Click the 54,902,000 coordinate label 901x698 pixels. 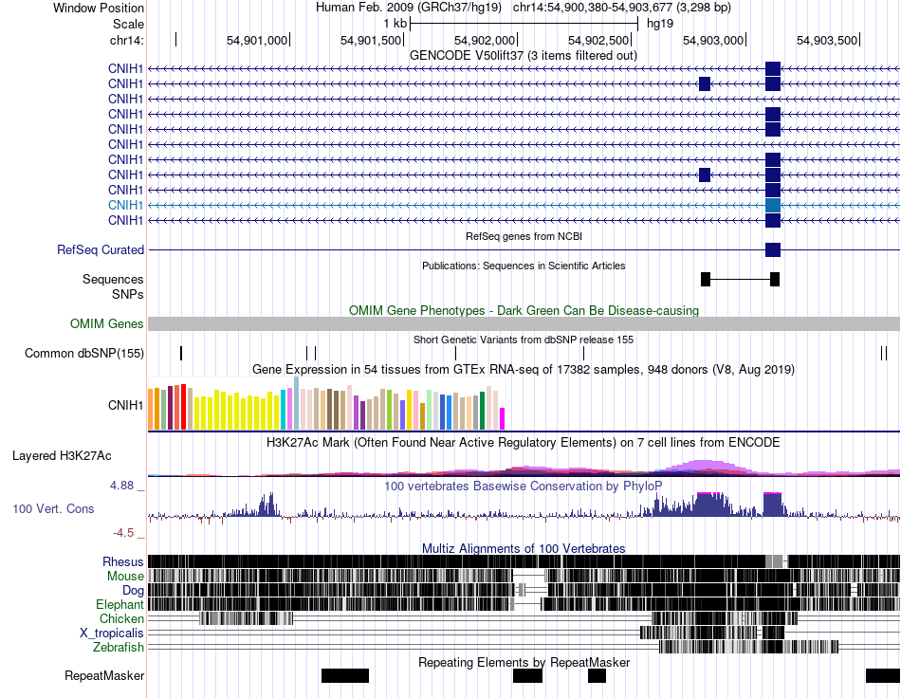tap(485, 40)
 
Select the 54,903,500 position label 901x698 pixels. tap(827, 40)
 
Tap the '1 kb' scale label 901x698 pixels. tap(395, 24)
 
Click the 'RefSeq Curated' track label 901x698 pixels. tap(101, 250)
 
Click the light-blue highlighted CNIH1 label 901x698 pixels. tap(126, 205)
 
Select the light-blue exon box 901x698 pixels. tap(773, 205)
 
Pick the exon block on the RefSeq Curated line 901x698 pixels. tap(773, 250)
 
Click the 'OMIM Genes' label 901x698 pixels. tap(107, 324)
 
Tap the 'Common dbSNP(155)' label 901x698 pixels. tap(84, 354)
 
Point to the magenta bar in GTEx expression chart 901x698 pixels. tap(503, 419)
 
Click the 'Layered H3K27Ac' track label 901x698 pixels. tap(62, 455)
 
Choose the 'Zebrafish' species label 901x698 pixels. tap(119, 648)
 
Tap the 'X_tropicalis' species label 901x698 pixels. tap(112, 634)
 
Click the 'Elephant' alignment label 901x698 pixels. tap(120, 604)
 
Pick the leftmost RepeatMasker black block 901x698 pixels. tap(345, 675)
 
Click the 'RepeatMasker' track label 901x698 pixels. tap(104, 675)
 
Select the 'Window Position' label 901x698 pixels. tap(99, 8)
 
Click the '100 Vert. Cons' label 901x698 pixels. tap(53, 509)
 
